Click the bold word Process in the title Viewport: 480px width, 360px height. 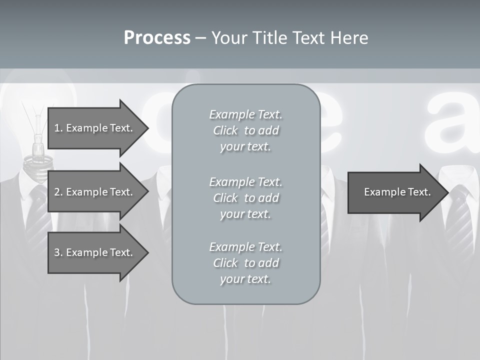[x=157, y=38]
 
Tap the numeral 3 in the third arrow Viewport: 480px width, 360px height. [x=57, y=252]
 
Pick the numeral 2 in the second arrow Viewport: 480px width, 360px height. [x=57, y=192]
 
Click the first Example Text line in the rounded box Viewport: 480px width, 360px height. [x=245, y=114]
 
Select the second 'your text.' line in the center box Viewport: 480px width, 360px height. [x=245, y=214]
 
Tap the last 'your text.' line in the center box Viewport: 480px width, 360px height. [x=245, y=279]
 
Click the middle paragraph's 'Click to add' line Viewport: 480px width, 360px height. [x=245, y=198]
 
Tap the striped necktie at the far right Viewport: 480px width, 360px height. [x=457, y=220]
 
